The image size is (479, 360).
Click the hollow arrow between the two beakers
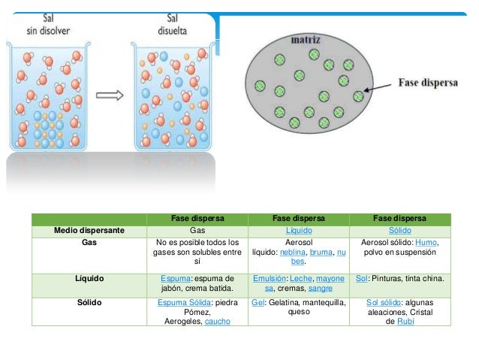[x=110, y=95]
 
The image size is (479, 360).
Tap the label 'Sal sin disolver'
[x=48, y=25]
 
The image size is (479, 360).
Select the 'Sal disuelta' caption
[x=172, y=25]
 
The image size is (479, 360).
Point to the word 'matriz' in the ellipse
[x=306, y=39]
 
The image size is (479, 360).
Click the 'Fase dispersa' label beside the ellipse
[x=428, y=83]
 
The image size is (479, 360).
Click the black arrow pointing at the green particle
[x=378, y=87]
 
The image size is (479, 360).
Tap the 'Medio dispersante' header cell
[x=89, y=230]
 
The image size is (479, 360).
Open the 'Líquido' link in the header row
[x=299, y=230]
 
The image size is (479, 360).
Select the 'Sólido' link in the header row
[x=400, y=230]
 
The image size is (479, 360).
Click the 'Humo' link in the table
[x=426, y=242]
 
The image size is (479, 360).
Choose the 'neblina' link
[x=292, y=252]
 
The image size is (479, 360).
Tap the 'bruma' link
[x=321, y=252]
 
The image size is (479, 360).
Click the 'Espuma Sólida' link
[x=184, y=302]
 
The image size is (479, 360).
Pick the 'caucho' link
[x=217, y=321]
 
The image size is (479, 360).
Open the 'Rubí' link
[x=405, y=321]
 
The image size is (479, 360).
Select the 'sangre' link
[x=320, y=288]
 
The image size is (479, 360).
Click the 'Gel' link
[x=258, y=302]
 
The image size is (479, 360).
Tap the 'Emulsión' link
[x=270, y=278]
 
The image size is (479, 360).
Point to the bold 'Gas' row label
[x=89, y=242]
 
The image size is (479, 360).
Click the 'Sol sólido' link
[x=384, y=302]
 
